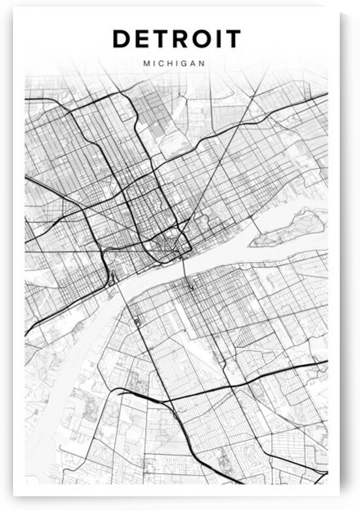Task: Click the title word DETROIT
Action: click(x=176, y=39)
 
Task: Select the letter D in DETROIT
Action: click(x=122, y=39)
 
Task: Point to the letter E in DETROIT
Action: click(x=143, y=39)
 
